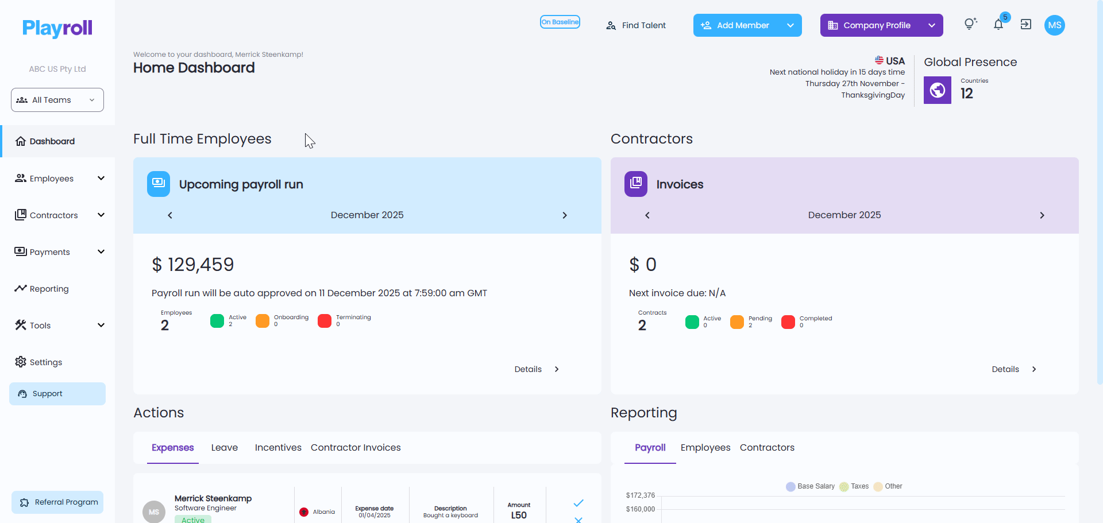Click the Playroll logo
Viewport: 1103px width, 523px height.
(57, 28)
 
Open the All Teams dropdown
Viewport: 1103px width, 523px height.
(57, 100)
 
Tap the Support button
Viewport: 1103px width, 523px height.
(57, 394)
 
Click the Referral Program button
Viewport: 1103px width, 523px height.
(57, 502)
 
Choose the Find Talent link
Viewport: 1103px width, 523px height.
(636, 25)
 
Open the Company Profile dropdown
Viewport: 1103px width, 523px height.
(882, 25)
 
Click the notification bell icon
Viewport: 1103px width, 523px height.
(998, 25)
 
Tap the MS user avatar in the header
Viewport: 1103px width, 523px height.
(1055, 25)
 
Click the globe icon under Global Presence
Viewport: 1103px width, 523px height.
(938, 90)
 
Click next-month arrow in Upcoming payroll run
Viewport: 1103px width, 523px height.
(565, 215)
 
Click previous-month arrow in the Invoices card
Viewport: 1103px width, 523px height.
(647, 215)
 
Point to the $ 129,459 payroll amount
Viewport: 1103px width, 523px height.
(193, 265)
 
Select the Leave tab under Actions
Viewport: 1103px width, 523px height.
(225, 448)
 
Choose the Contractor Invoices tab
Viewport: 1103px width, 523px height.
(356, 448)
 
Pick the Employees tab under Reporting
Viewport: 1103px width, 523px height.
(705, 448)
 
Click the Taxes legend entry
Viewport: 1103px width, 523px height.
(854, 486)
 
